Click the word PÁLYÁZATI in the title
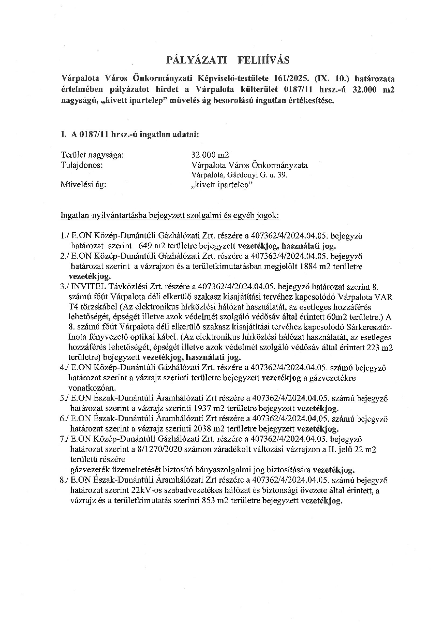pyautogui.click(x=197, y=60)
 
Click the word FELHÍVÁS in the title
pyautogui.click(x=263, y=60)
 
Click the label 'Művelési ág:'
pyautogui.click(x=84, y=185)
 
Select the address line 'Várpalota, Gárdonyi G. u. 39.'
pyautogui.click(x=240, y=175)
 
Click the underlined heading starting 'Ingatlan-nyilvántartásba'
pyautogui.click(x=170, y=216)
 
